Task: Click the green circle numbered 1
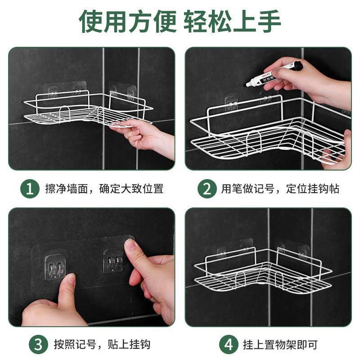click(30, 189)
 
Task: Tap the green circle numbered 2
click(207, 189)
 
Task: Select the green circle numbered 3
click(38, 345)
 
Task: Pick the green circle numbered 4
click(229, 345)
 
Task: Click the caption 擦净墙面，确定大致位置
click(104, 189)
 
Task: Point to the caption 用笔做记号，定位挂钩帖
click(280, 189)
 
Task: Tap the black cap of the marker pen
click(296, 66)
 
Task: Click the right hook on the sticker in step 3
click(113, 260)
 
